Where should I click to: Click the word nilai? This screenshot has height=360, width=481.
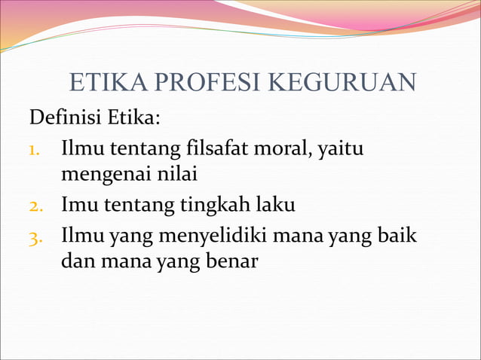point(177,175)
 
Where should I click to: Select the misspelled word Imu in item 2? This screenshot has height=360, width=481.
point(76,204)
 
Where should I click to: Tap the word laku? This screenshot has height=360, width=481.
point(274,203)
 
